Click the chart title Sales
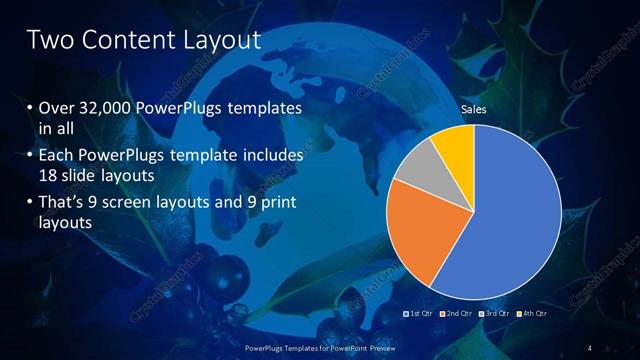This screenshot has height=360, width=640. [x=473, y=110]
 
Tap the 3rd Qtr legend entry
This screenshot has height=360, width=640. [x=496, y=313]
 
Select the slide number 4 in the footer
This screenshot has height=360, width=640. [x=590, y=347]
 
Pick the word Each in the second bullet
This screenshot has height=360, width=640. [x=57, y=157]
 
